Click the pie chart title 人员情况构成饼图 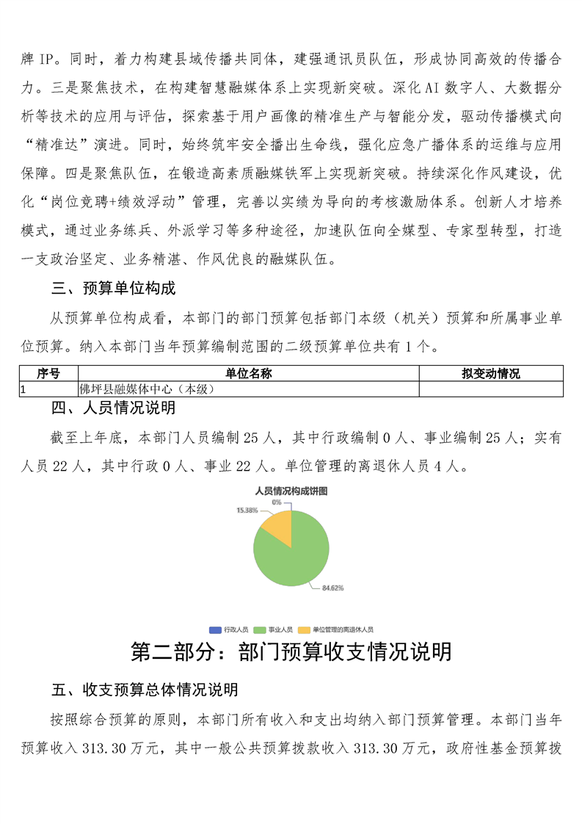pos(291,490)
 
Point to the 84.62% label pos(332,588)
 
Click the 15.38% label pos(247,510)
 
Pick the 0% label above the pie pos(277,502)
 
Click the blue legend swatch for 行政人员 pos(215,629)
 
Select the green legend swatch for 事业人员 pos(260,629)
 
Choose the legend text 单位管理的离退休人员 pos(343,629)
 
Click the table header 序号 pos(48,374)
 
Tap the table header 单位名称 pos(249,374)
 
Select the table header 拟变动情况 pos(491,374)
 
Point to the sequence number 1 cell pos(24,389)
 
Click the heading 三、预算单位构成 pos(114,288)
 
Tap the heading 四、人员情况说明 pos(114,407)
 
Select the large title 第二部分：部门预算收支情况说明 pos(291,651)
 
